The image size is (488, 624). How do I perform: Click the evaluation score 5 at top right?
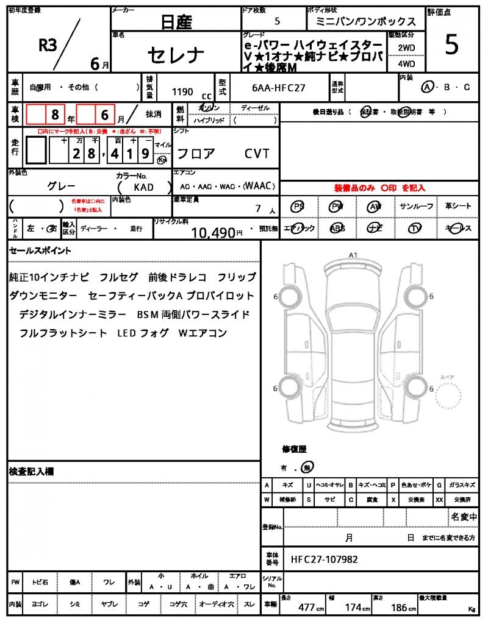(451, 46)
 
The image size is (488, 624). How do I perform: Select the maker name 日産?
(176, 23)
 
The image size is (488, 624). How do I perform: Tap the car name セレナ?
(176, 55)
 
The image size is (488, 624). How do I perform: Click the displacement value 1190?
(182, 92)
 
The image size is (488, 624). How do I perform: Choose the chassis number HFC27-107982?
(324, 559)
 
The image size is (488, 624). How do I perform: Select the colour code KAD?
(143, 188)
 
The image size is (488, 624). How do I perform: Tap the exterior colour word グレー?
(62, 186)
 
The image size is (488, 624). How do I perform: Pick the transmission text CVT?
(257, 154)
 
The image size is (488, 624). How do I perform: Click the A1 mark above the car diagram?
(353, 255)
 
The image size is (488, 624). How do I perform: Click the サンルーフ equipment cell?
(417, 207)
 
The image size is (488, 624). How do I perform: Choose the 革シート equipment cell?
(458, 207)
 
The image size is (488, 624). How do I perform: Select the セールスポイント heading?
(40, 250)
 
